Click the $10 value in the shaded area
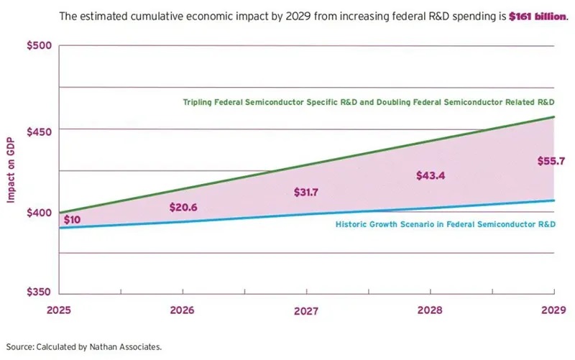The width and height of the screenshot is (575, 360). tap(72, 220)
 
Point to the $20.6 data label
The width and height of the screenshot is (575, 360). tap(183, 208)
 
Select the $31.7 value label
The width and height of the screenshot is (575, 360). tap(308, 192)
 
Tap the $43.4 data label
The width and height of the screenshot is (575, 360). tap(431, 176)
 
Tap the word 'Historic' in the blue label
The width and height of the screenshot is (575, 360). tap(353, 224)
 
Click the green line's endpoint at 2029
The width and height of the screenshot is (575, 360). tap(554, 116)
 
